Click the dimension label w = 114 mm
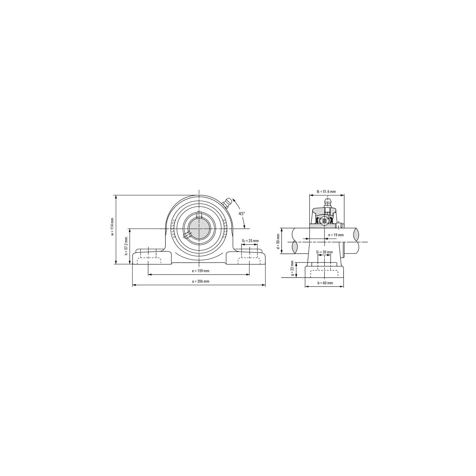112,227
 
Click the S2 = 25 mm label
250,241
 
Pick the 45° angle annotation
242,213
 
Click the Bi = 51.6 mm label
326,192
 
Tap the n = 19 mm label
336,235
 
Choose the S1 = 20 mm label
325,252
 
